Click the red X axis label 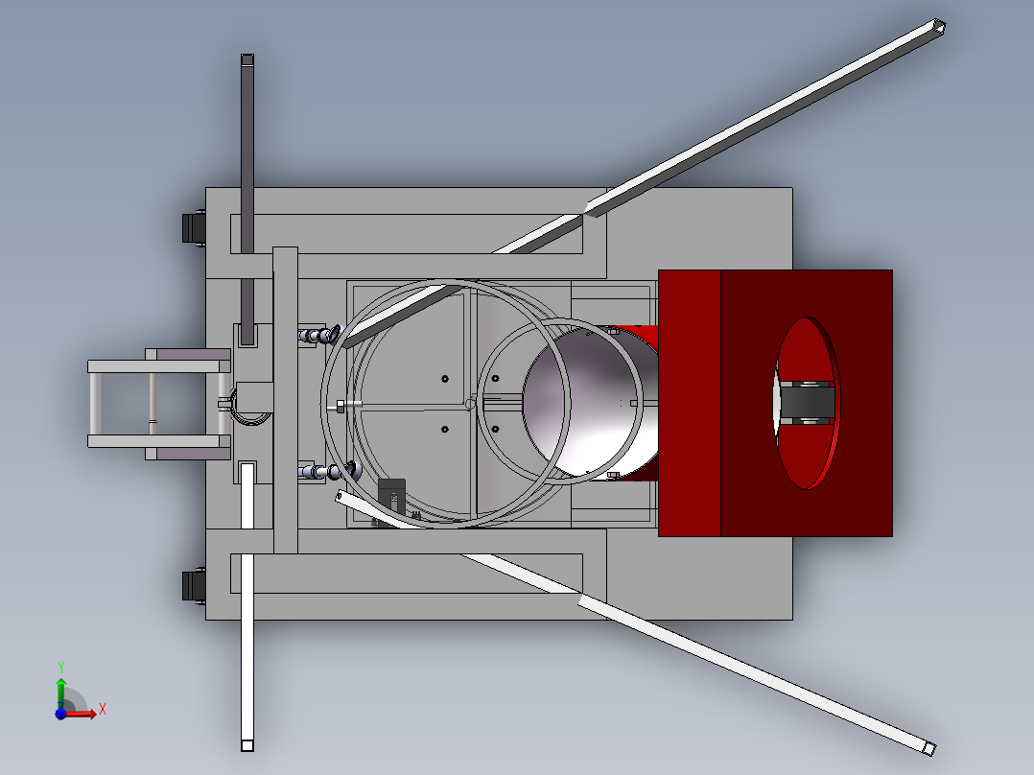coord(102,709)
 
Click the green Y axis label coord(60,666)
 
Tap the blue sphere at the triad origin coord(59,713)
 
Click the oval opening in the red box coord(806,403)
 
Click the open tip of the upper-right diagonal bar coord(939,27)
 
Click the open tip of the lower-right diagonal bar coord(928,747)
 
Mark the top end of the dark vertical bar coord(247,60)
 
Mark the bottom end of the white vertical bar coord(247,745)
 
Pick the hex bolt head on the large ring coord(341,406)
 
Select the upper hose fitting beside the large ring coord(320,335)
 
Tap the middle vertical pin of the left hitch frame coord(152,403)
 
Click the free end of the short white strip coord(341,496)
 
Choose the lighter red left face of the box coord(689,403)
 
